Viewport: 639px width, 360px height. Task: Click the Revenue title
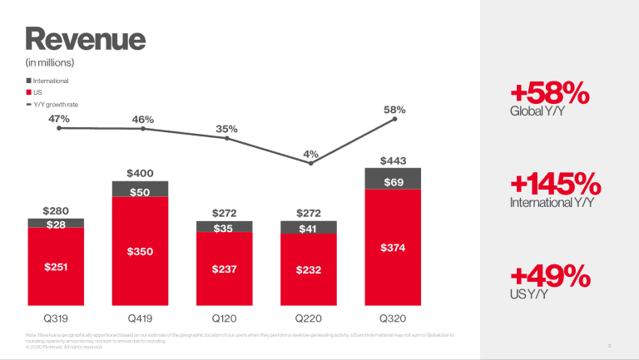pos(86,38)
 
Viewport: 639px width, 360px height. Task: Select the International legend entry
pos(50,81)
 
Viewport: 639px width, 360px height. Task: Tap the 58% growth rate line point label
pos(394,109)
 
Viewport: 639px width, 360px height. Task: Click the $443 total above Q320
pos(393,160)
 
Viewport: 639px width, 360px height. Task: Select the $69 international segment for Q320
pos(393,180)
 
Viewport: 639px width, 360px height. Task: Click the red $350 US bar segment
pos(141,251)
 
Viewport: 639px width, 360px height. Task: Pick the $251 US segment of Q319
pos(56,267)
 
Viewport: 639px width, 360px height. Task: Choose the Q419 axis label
pos(141,318)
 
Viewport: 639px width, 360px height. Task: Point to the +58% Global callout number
pos(549,93)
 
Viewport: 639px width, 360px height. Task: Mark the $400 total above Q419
pos(141,173)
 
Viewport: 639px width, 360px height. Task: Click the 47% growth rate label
pos(59,119)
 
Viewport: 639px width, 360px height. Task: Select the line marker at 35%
pos(226,137)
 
